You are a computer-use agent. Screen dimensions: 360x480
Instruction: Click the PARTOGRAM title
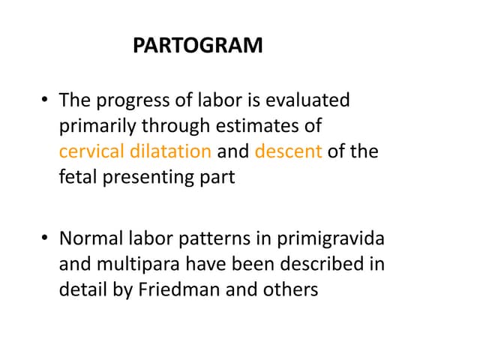[198, 46]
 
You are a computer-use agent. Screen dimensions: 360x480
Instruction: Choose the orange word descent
[289, 151]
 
